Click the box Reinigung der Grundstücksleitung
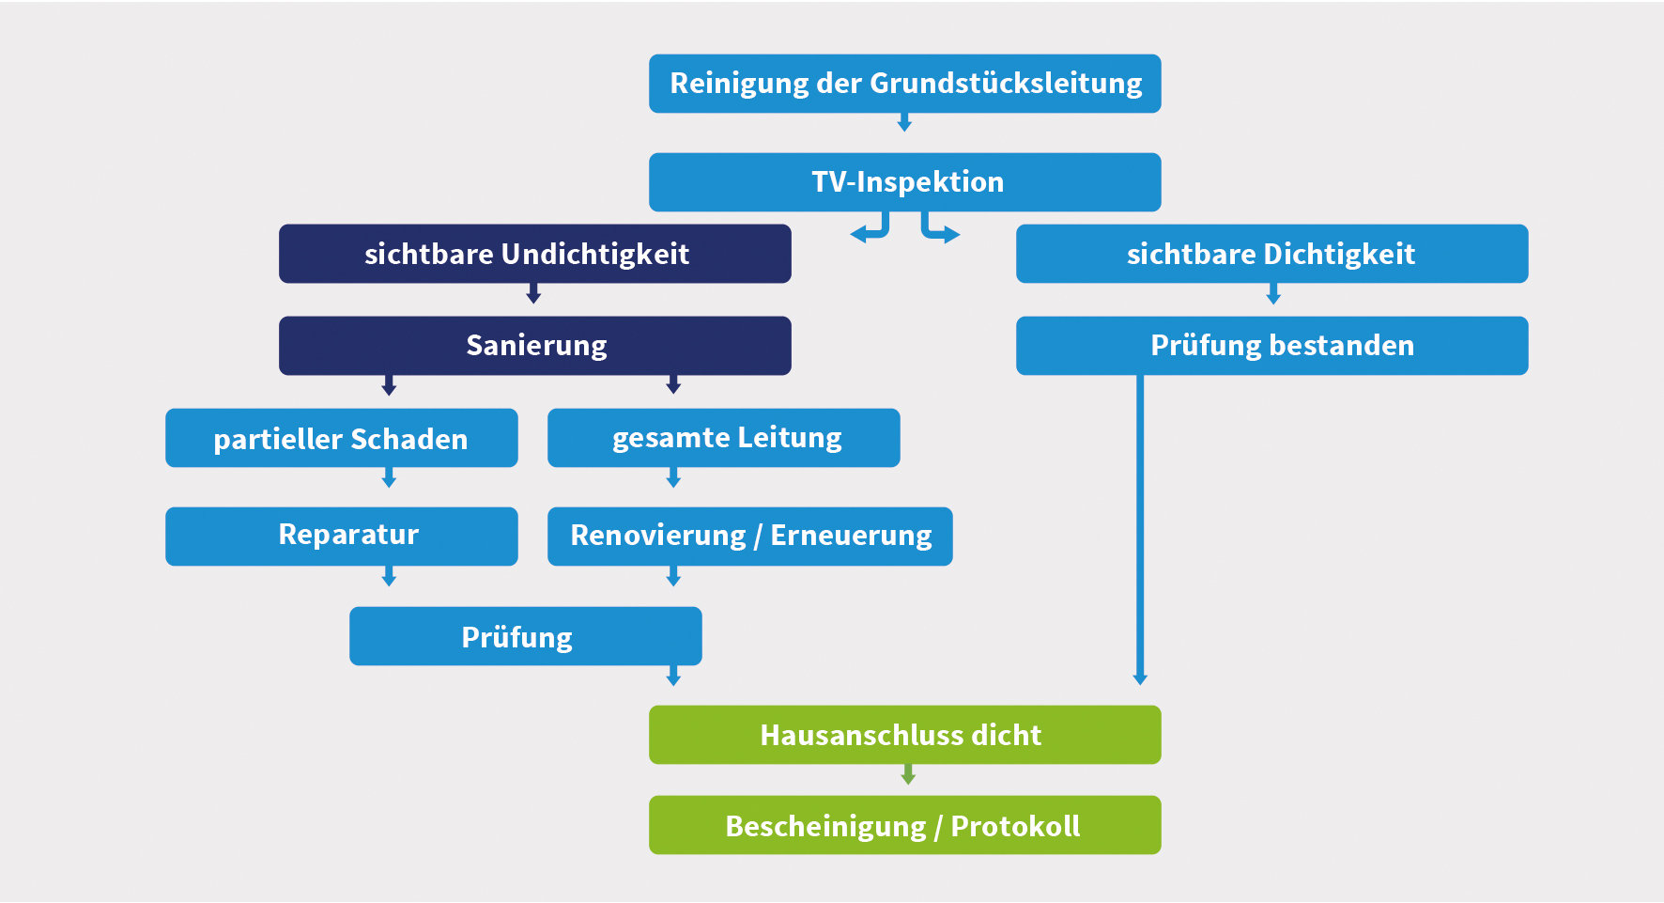pyautogui.click(x=904, y=84)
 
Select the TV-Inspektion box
pyautogui.click(x=904, y=182)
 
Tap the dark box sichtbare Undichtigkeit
pyautogui.click(x=534, y=254)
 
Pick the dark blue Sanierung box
pyautogui.click(x=534, y=346)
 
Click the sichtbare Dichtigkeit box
pyautogui.click(x=1271, y=254)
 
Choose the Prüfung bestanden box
pyautogui.click(x=1271, y=346)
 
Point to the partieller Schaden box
pyautogui.click(x=341, y=438)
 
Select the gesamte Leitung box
pyautogui.click(x=723, y=438)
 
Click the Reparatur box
pyautogui.click(x=341, y=537)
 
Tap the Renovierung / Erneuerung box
pyautogui.click(x=749, y=537)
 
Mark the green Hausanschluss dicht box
pyautogui.click(x=904, y=735)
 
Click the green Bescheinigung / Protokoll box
pyautogui.click(x=904, y=825)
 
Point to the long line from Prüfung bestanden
pyautogui.click(x=1140, y=526)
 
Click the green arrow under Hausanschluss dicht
pyautogui.click(x=908, y=775)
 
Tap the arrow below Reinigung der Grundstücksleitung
pyautogui.click(x=904, y=123)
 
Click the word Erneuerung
pyautogui.click(x=851, y=536)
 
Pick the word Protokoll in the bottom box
pyautogui.click(x=1015, y=826)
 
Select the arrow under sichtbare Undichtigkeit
pyautogui.click(x=533, y=295)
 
